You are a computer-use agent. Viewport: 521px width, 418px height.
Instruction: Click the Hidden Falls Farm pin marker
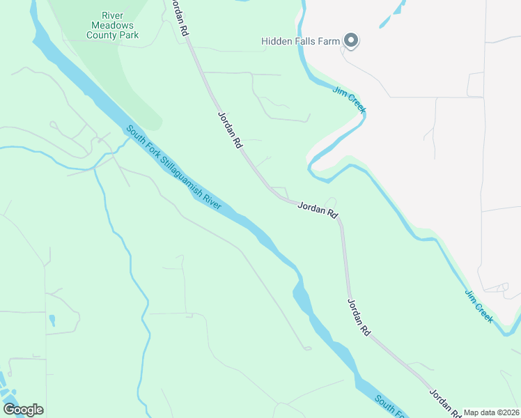[352, 42]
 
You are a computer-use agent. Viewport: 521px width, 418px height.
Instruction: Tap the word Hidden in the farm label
[276, 41]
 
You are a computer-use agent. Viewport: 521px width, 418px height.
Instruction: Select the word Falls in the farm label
[306, 41]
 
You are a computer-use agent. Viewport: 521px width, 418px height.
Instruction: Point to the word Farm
[330, 41]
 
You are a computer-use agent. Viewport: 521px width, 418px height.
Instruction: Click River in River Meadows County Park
[112, 14]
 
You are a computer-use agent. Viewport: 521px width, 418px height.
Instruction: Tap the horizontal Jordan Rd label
[318, 208]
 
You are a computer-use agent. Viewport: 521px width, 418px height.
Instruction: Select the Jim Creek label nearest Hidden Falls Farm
[348, 100]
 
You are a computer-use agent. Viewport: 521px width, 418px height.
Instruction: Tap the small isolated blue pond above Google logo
[52, 320]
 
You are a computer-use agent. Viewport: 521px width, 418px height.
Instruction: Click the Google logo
[23, 409]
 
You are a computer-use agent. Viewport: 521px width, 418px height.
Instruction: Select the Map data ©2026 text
[491, 412]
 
